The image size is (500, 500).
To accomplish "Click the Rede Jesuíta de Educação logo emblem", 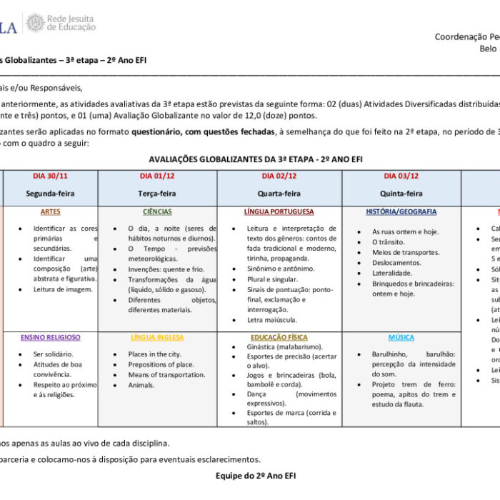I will (35, 23).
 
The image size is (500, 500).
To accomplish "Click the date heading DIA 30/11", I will (50, 176).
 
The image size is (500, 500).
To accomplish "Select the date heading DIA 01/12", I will (158, 176).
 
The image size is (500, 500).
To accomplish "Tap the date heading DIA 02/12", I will (279, 176).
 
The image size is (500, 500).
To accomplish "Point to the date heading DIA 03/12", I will (401, 176).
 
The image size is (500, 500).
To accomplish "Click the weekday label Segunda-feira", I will (50, 194).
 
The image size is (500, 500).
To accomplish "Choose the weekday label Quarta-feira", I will (279, 194).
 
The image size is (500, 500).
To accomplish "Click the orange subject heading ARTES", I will (51, 212).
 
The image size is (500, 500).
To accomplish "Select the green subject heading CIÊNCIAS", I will (157, 212).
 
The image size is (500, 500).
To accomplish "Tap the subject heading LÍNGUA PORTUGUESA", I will (279, 212).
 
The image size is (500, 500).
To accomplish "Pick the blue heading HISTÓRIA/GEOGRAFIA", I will (401, 212).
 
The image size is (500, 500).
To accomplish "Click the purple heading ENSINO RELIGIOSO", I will (51, 337).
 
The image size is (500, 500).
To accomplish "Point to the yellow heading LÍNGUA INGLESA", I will (157, 337).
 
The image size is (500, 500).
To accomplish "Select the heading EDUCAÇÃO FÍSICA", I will (279, 337).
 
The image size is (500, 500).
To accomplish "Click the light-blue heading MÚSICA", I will (401, 337).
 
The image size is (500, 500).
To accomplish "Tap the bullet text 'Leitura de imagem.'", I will (63, 289).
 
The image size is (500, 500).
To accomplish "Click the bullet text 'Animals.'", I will (141, 385).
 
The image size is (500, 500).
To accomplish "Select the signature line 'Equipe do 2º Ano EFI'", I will (256, 475).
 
